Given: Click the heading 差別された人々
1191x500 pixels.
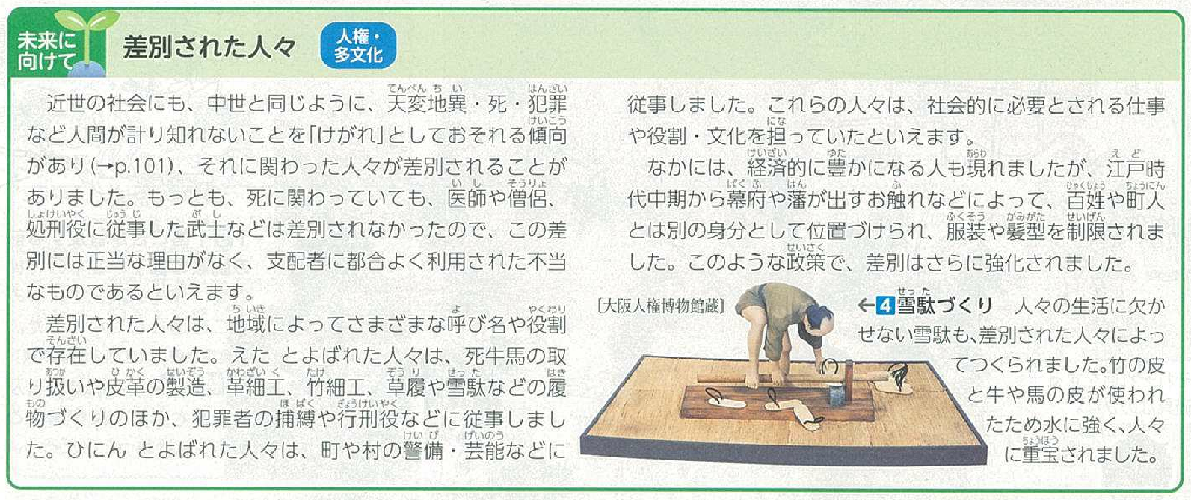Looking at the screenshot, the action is (209, 47).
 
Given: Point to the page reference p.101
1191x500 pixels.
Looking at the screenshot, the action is (135, 167).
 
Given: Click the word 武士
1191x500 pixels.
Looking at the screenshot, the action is (206, 231).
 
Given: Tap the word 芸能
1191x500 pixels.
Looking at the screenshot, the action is (484, 451).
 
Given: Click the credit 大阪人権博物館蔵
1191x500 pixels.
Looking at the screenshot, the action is (660, 306).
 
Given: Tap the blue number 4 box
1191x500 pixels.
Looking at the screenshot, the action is (885, 306).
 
